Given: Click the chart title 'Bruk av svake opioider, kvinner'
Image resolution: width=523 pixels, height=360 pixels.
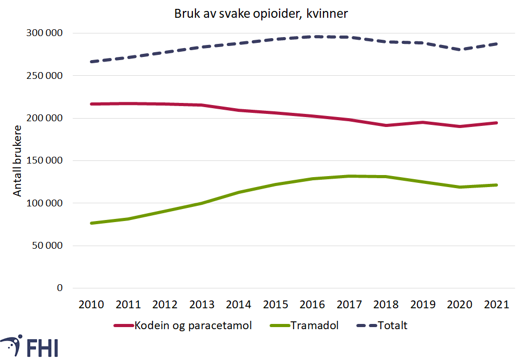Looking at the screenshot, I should click(x=261, y=14).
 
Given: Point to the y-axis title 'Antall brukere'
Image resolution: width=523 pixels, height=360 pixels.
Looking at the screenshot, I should click(x=18, y=160).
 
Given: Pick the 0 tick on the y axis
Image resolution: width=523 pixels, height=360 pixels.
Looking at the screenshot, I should click(x=59, y=288).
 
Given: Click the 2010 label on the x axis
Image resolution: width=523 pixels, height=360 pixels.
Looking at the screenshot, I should click(x=91, y=305).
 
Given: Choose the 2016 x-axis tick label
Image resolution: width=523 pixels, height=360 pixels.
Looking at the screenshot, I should click(x=312, y=305).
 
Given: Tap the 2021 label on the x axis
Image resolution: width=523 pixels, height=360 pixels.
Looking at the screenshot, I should click(x=496, y=305).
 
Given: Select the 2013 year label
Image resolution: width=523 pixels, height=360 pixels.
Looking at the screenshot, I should click(x=202, y=305).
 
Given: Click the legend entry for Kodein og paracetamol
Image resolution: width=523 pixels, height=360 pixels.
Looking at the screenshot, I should click(x=183, y=326).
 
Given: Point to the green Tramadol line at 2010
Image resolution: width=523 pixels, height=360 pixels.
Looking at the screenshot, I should click(x=91, y=223).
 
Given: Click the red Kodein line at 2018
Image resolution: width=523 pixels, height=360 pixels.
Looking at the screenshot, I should click(x=386, y=125).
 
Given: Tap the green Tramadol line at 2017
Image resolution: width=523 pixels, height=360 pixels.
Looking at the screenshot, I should click(x=349, y=176).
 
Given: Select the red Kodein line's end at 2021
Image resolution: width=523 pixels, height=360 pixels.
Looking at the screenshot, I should click(x=496, y=123).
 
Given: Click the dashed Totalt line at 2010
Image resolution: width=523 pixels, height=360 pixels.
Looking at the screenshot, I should click(x=91, y=62).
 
